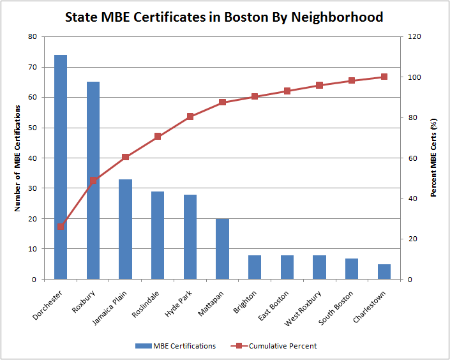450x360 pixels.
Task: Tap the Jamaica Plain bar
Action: point(125,229)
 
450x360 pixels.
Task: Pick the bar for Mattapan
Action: point(222,249)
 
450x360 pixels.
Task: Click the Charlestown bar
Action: point(384,272)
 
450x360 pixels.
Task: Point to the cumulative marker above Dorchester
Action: point(61,226)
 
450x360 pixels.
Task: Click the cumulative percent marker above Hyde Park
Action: point(190,117)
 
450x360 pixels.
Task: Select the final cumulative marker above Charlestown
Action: point(384,77)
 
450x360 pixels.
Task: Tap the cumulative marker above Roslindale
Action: point(158,137)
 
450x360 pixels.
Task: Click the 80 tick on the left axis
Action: point(32,36)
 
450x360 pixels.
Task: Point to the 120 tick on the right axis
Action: point(414,36)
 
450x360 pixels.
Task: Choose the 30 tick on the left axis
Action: point(32,188)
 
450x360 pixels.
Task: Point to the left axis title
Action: point(19,158)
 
